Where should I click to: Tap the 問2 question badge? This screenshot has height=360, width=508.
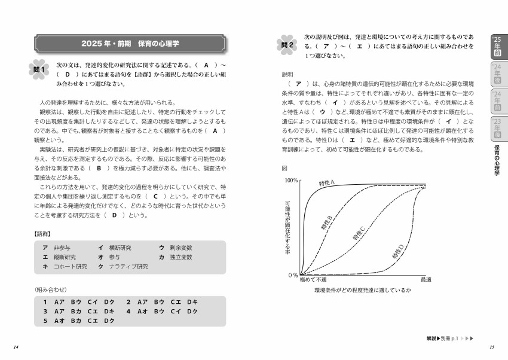tap(286, 45)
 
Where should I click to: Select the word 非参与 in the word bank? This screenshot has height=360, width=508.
tap(62, 248)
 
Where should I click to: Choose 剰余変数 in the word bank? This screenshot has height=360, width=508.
tap(180, 248)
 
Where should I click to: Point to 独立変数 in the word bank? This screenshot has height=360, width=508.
tap(180, 257)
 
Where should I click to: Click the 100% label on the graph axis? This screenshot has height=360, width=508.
tap(291, 179)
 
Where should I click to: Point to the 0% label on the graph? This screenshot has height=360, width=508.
tap(293, 275)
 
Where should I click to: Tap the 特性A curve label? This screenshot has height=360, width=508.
tap(329, 182)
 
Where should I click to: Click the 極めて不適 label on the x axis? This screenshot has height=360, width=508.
tap(313, 279)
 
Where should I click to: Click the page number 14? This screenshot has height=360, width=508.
tap(16, 347)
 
